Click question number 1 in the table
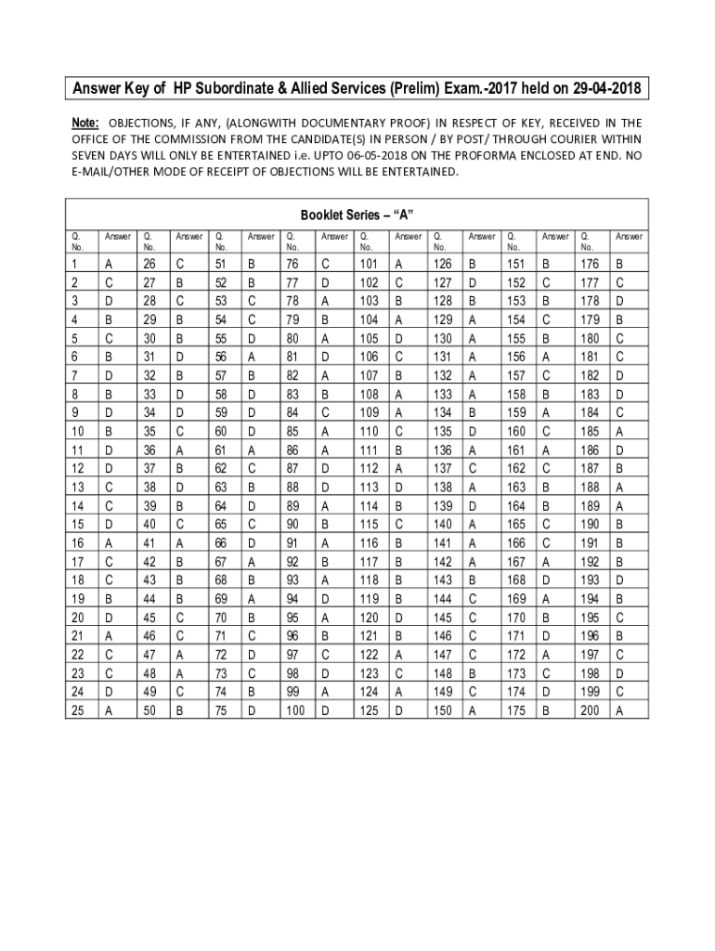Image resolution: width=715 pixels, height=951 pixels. pyautogui.click(x=73, y=264)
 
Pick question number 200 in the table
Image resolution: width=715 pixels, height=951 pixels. pyautogui.click(x=589, y=710)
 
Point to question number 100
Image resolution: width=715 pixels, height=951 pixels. pyautogui.click(x=296, y=710)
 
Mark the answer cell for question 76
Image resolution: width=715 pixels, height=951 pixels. pyautogui.click(x=326, y=264)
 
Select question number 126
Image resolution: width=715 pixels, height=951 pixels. pyautogui.click(x=442, y=264)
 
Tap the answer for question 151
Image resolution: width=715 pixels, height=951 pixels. pyautogui.click(x=546, y=264)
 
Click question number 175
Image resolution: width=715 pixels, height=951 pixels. pyautogui.click(x=515, y=710)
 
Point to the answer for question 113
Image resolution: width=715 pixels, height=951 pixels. pyautogui.click(x=398, y=487)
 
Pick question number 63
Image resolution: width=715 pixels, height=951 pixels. pyautogui.click(x=221, y=487)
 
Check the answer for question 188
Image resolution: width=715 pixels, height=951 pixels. pyautogui.click(x=618, y=487)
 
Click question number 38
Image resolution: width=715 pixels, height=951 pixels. pyautogui.click(x=149, y=487)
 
